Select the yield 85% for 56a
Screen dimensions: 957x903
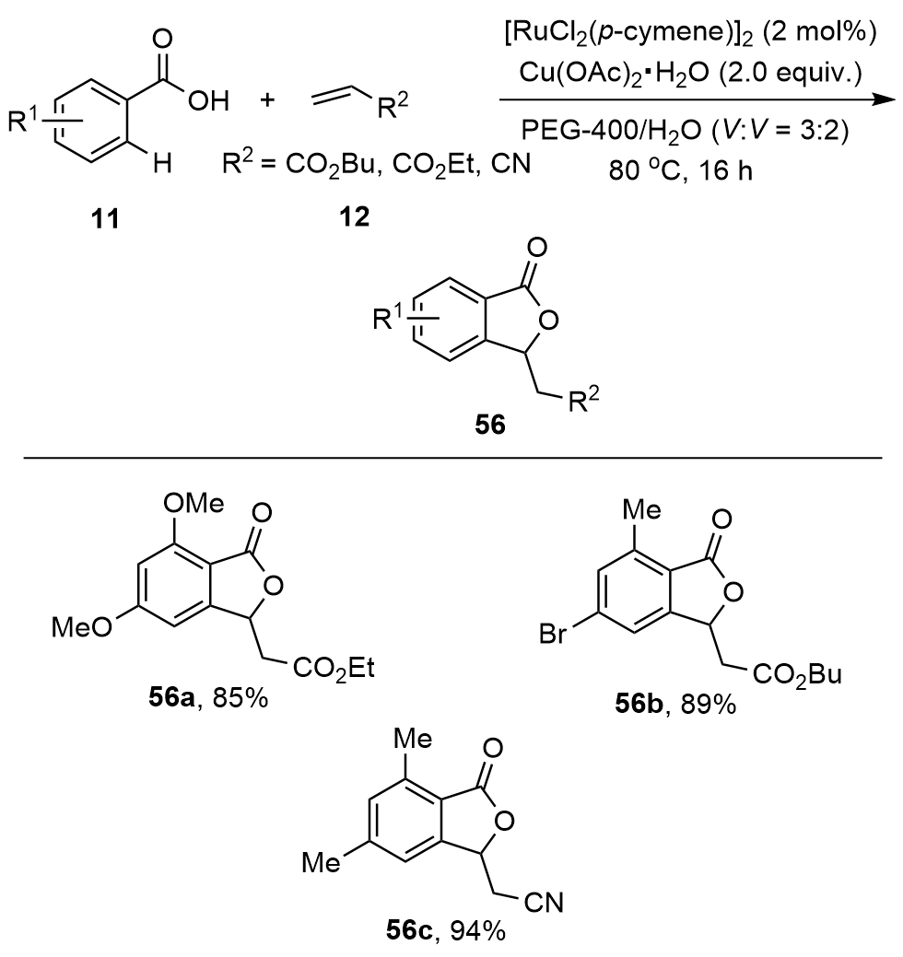coord(240,700)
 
